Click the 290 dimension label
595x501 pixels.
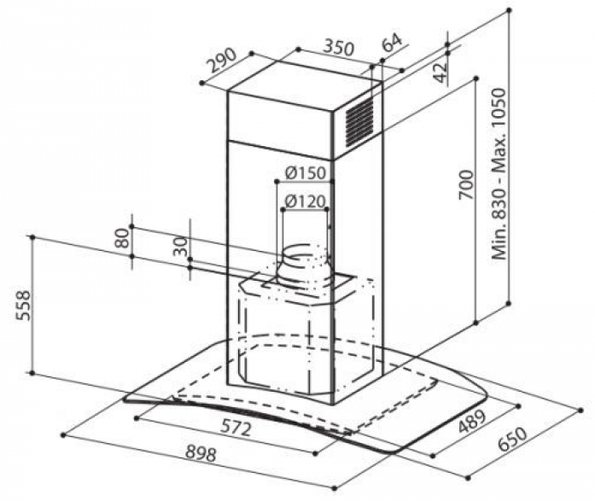pyautogui.click(x=223, y=61)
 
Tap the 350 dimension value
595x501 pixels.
pyautogui.click(x=339, y=48)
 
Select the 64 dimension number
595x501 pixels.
pyautogui.click(x=391, y=42)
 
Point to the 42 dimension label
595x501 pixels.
pyautogui.click(x=440, y=72)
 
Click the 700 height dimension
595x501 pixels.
pyautogui.click(x=466, y=184)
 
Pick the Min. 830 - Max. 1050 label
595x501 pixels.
pyautogui.click(x=499, y=174)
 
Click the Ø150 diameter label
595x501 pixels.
pyautogui.click(x=305, y=173)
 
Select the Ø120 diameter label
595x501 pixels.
pyautogui.click(x=305, y=201)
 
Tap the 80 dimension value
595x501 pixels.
pyautogui.click(x=122, y=238)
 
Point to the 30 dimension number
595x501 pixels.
pyautogui.click(x=181, y=246)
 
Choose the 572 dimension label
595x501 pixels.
pyautogui.click(x=236, y=428)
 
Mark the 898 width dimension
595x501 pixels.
pyautogui.click(x=201, y=453)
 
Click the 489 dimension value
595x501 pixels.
pyautogui.click(x=472, y=422)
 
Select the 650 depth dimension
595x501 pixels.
pyautogui.click(x=512, y=439)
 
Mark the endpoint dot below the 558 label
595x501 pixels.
pyautogui.click(x=32, y=373)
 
